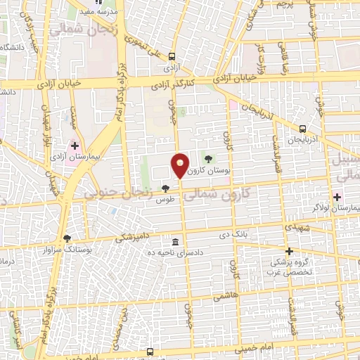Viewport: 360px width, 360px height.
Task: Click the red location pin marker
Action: pos(180,165)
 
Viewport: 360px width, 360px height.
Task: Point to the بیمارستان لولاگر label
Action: pos(339,208)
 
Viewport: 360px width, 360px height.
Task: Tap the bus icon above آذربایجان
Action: pos(302,129)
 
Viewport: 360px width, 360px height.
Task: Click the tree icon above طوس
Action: pos(165,188)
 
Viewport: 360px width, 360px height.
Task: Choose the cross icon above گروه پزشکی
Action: pos(288,251)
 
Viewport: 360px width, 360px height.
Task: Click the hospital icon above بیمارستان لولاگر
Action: pos(339,196)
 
